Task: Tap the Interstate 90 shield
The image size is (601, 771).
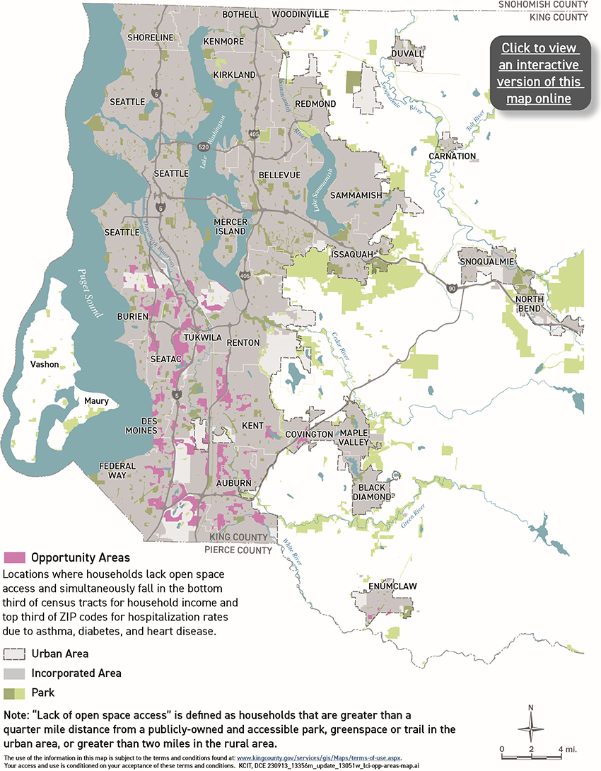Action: pyautogui.click(x=450, y=288)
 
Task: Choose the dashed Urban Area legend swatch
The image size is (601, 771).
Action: pyautogui.click(x=15, y=654)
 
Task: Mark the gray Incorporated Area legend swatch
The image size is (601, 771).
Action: pyautogui.click(x=15, y=673)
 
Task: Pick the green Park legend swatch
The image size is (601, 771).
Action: pyautogui.click(x=15, y=692)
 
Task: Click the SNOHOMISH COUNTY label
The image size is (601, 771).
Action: pyautogui.click(x=542, y=4)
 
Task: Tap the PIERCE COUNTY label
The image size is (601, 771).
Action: pyautogui.click(x=238, y=550)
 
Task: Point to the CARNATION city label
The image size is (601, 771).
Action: pyautogui.click(x=453, y=156)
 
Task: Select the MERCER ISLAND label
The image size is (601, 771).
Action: pyautogui.click(x=231, y=226)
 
